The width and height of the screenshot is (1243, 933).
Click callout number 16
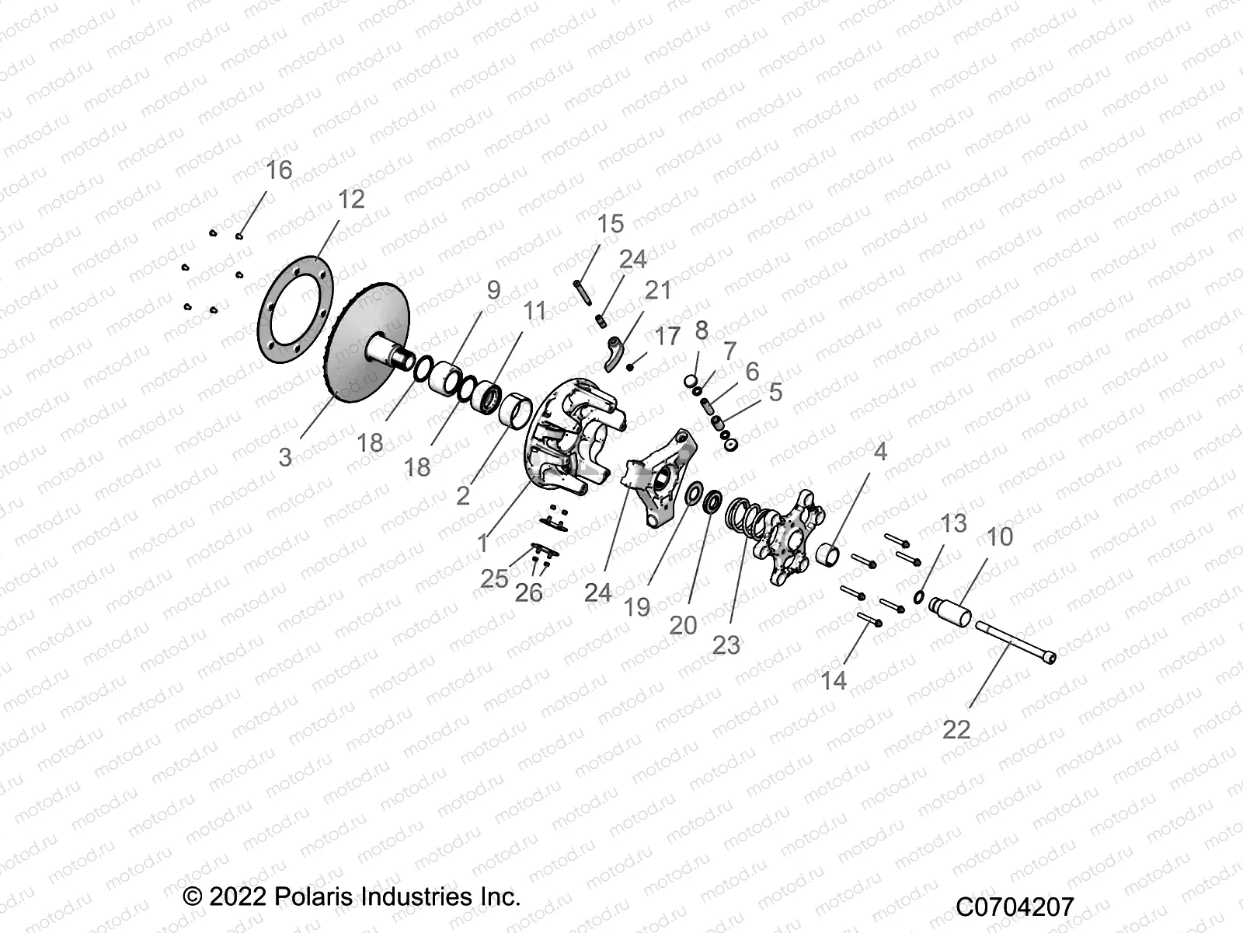coord(279,169)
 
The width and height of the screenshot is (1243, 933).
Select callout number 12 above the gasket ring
coord(351,199)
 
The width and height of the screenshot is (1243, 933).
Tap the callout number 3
coord(285,457)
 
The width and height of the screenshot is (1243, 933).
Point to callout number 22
coord(956,729)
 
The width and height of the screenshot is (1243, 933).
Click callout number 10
coord(1000,536)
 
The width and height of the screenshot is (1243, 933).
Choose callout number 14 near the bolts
coord(833,680)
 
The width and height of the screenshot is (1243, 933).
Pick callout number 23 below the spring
coord(726,645)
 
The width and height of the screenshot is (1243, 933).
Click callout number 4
coord(879,452)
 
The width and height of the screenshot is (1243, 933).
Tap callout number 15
coord(611,224)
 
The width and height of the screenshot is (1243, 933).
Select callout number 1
coord(483,543)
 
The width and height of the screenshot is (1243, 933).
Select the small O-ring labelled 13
coord(919,597)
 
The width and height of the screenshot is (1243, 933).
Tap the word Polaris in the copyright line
coord(315,896)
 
